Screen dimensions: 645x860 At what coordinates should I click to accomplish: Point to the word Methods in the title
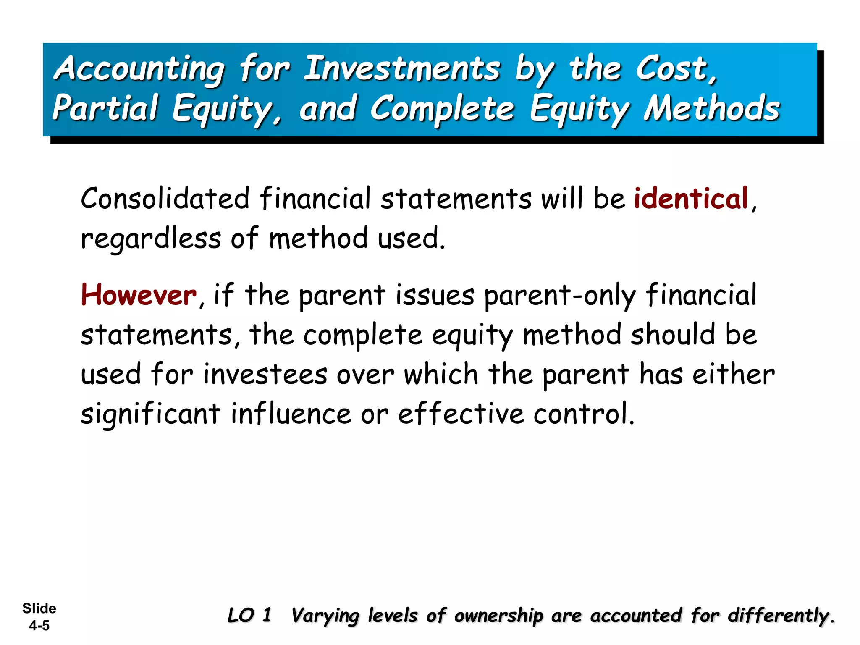(x=712, y=108)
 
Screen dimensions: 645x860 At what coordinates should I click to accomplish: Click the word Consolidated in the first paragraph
(x=165, y=198)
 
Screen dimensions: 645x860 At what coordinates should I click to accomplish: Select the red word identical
(x=691, y=198)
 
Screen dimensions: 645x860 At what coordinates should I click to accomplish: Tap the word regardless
(x=151, y=239)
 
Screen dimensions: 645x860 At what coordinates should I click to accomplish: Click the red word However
(x=139, y=295)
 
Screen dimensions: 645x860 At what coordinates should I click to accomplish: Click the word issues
(x=435, y=295)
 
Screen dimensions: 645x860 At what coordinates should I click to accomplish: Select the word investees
(x=265, y=374)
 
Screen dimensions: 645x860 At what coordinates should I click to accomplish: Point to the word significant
(x=150, y=414)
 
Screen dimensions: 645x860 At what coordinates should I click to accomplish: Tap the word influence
(x=291, y=413)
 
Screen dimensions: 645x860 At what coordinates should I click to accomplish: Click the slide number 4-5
(x=39, y=626)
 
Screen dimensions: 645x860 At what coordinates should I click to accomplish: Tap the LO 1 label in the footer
(x=249, y=616)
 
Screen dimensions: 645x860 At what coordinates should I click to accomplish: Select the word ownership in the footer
(x=498, y=616)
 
